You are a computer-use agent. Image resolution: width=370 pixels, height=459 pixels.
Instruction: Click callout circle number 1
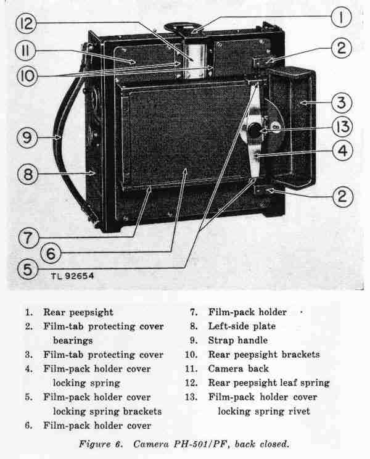click(x=340, y=17)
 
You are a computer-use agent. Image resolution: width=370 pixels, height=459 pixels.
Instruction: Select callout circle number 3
click(x=343, y=102)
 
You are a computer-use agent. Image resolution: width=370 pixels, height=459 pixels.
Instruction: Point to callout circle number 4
click(x=343, y=149)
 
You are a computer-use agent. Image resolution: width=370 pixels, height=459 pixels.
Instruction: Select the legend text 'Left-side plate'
click(x=242, y=326)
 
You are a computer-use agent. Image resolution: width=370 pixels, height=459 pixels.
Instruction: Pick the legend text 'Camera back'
click(x=234, y=369)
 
